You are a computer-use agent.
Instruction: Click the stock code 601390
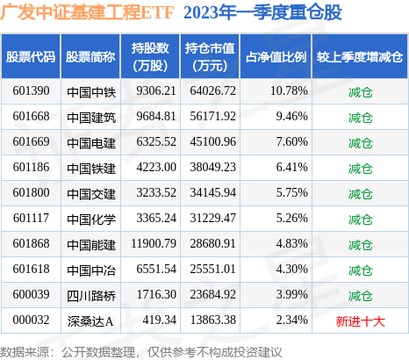(x=31, y=91)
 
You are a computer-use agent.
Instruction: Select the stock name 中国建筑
(x=91, y=117)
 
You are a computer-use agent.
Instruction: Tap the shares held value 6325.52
(x=156, y=142)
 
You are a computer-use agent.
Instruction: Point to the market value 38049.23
(x=212, y=168)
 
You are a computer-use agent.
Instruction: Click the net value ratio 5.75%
(x=291, y=193)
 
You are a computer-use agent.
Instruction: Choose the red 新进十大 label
(x=360, y=321)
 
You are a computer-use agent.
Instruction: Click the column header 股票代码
(x=31, y=57)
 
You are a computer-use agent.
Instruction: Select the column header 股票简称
(x=90, y=57)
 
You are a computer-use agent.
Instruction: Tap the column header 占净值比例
(x=276, y=57)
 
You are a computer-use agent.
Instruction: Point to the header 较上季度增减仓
(x=360, y=57)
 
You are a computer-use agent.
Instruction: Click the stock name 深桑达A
(x=90, y=321)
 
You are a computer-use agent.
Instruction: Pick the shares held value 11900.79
(x=154, y=244)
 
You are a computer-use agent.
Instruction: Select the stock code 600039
(x=31, y=295)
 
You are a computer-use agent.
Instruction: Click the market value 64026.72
(x=212, y=91)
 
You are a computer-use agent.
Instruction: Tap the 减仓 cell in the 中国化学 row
(x=360, y=220)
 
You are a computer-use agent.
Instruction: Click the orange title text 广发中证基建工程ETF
(x=87, y=12)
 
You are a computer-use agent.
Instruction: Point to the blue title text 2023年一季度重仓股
(x=262, y=12)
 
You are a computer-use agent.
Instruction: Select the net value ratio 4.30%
(x=291, y=270)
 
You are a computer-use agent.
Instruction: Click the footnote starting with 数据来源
(x=141, y=352)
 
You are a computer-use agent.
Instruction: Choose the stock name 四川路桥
(x=91, y=296)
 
